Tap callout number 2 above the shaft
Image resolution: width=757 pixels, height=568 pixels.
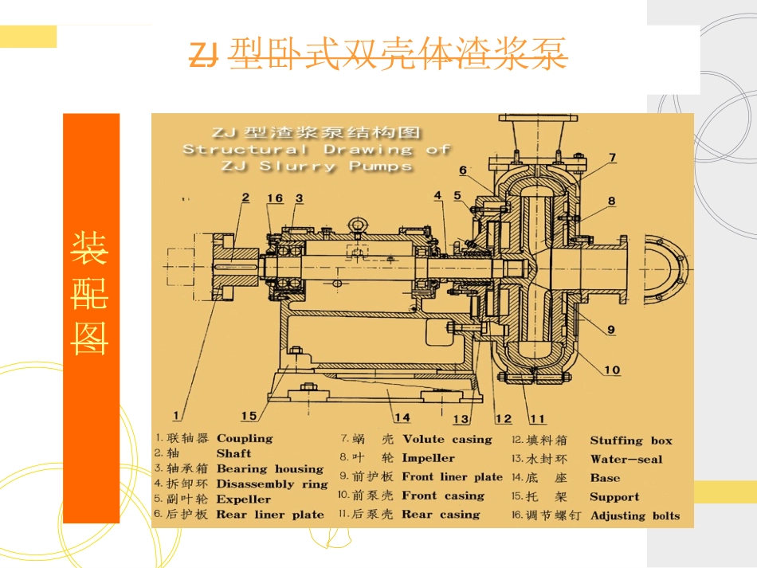(x=245, y=198)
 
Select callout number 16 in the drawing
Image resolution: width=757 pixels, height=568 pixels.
(x=275, y=198)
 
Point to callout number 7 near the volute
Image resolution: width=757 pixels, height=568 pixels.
(x=612, y=158)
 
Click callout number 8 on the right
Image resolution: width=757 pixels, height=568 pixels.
(x=611, y=202)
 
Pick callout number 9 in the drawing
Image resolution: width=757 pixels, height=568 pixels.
(x=610, y=328)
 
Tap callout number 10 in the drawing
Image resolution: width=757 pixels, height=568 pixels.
(x=611, y=370)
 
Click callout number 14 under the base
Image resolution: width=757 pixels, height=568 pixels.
(x=402, y=417)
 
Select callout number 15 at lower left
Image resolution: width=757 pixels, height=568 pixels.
(x=249, y=415)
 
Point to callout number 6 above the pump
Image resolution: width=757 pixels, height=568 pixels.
(x=463, y=170)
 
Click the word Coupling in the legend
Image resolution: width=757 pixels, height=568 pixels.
(x=245, y=438)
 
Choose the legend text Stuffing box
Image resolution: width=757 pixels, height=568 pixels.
(x=631, y=441)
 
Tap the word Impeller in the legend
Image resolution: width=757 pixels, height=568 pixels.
(x=428, y=458)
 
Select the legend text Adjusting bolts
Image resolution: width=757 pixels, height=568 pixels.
(x=635, y=516)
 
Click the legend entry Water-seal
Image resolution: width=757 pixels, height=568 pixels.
(x=626, y=459)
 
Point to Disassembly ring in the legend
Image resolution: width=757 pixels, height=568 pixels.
(x=272, y=484)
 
